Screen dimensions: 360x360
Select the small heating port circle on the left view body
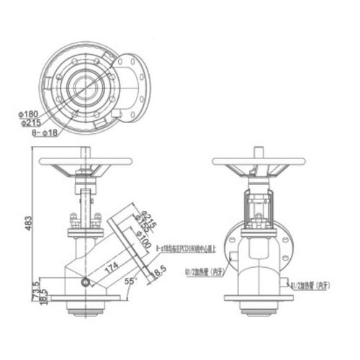tap(87, 282)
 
